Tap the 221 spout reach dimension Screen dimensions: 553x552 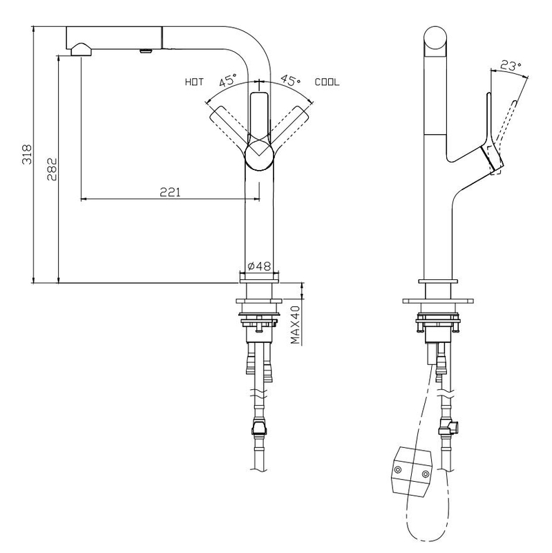click(x=170, y=193)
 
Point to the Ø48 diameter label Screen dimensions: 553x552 click(x=258, y=265)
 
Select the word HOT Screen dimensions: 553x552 click(x=194, y=82)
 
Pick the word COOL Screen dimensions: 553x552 click(x=327, y=82)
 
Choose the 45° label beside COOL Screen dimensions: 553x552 click(x=291, y=81)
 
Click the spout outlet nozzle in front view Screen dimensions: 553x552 click(x=80, y=48)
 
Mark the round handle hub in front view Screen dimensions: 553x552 click(x=260, y=154)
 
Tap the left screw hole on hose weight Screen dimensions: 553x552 click(x=397, y=470)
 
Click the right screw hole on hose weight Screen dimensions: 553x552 click(x=424, y=474)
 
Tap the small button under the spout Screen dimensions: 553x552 click(x=146, y=50)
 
